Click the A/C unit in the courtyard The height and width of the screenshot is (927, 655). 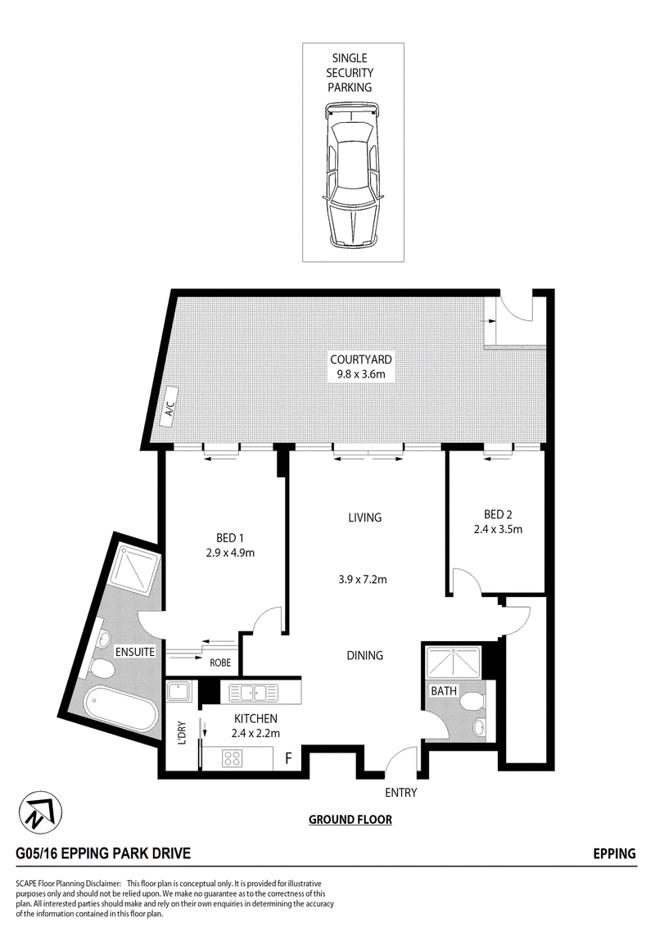pos(169,405)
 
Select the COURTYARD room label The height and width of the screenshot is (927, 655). pos(360,359)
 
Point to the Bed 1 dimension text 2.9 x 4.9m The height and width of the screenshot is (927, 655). pos(230,553)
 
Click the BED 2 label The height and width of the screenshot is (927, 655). pos(498,514)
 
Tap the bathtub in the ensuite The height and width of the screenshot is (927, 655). pos(120,707)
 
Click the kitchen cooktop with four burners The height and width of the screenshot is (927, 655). pos(232,758)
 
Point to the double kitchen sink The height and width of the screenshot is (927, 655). pos(253,692)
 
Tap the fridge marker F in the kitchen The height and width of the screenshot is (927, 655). pos(288,758)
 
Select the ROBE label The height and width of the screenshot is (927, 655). pos(220,662)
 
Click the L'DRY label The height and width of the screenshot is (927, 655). pos(182,732)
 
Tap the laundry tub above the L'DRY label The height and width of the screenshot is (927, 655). pos(178,691)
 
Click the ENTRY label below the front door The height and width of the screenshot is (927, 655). pos(401,792)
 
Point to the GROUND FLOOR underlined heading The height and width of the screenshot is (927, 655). pos(350,820)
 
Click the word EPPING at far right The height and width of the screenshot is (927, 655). pos(614,853)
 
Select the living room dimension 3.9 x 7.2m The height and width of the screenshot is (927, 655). pos(363,580)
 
